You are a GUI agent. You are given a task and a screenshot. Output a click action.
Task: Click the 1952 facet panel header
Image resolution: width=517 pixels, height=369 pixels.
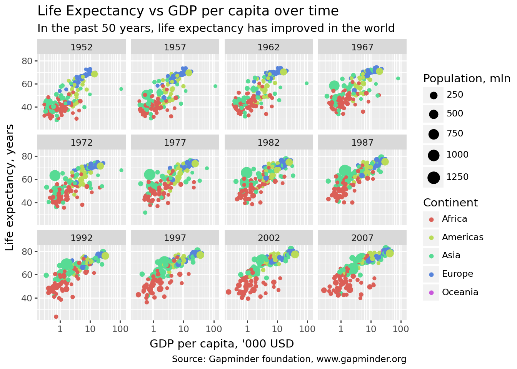(82, 47)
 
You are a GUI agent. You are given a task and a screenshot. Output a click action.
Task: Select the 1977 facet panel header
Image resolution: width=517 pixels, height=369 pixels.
(175, 143)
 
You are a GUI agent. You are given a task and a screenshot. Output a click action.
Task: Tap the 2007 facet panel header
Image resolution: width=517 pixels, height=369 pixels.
(362, 238)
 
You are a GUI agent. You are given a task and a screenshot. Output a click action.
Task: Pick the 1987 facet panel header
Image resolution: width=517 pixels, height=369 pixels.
(362, 143)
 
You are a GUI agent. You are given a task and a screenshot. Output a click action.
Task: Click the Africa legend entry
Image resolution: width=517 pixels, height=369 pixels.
(454, 219)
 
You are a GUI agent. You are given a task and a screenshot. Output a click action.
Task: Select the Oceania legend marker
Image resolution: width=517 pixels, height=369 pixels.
(431, 293)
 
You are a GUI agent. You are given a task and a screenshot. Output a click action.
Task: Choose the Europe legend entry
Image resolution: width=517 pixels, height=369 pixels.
(457, 274)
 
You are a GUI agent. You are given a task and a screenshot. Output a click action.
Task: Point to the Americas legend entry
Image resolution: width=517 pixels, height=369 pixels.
(462, 238)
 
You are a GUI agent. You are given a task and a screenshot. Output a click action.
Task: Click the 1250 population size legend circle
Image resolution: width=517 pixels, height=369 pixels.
(434, 178)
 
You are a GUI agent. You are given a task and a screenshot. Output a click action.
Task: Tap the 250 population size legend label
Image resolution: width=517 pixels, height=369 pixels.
(455, 95)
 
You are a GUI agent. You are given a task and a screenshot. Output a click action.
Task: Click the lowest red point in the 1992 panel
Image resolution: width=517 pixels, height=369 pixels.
(56, 317)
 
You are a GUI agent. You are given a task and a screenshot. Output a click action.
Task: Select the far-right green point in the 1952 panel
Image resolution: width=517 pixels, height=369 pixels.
(121, 89)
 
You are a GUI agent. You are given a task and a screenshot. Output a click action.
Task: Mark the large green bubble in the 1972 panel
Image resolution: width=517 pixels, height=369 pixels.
(55, 176)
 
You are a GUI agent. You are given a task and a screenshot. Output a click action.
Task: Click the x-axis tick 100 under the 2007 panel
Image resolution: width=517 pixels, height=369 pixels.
(401, 329)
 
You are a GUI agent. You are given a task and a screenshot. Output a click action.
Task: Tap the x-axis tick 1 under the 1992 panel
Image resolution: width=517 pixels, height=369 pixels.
(60, 329)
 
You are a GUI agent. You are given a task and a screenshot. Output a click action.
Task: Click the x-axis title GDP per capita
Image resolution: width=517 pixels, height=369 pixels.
(222, 344)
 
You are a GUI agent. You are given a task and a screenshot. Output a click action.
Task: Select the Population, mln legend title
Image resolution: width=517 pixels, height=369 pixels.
(467, 78)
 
